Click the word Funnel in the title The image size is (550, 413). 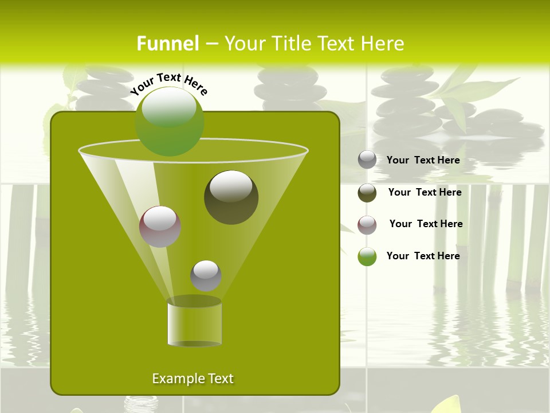point(168,44)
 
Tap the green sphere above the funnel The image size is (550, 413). point(170,121)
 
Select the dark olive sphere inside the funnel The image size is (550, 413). point(231,197)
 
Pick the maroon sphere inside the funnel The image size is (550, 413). point(160,227)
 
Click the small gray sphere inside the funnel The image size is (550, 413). point(206,275)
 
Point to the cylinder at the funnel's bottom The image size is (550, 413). point(194,324)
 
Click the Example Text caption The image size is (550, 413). point(192,379)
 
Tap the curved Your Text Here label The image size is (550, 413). point(168,83)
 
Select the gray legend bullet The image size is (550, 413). point(367,160)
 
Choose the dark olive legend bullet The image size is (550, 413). point(367,193)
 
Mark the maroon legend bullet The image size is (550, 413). point(367,225)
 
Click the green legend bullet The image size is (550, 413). point(367,256)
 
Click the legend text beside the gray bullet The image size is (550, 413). point(423,160)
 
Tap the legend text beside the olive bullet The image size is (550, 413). point(425,192)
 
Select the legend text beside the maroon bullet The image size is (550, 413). point(426,224)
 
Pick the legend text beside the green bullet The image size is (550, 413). point(423,256)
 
